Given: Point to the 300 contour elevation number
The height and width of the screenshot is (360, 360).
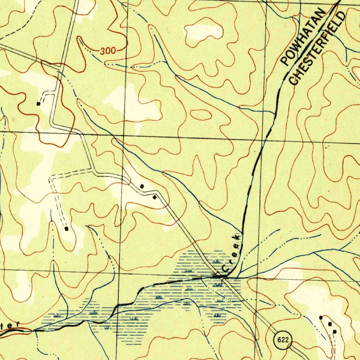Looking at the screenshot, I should (x=108, y=51).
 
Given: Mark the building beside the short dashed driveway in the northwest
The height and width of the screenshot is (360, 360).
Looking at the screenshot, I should (x=38, y=104).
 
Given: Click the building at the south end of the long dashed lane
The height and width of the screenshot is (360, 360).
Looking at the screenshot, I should (x=66, y=229).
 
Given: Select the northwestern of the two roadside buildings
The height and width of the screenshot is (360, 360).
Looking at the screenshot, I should (x=142, y=186).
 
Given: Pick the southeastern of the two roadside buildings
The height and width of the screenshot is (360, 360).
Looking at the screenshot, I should (x=154, y=198).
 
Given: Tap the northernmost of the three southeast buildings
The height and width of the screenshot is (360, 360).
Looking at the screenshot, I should (x=321, y=317).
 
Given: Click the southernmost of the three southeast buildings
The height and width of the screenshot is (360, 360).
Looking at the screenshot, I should (x=334, y=332).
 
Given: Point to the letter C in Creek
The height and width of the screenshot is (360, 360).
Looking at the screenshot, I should (x=226, y=269).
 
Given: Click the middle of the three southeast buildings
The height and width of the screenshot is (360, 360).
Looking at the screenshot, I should (x=329, y=324).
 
